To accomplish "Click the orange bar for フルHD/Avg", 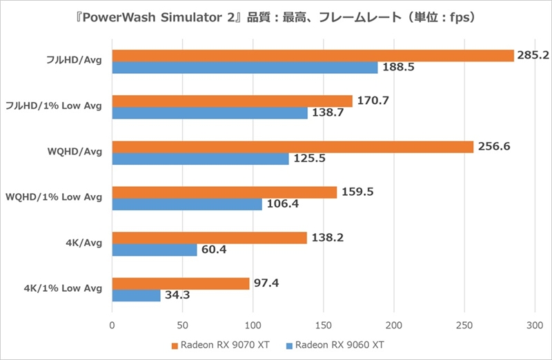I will tap(313, 56).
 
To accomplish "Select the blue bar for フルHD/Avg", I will tap(245, 68).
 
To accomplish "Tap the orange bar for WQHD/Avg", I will tap(293, 147).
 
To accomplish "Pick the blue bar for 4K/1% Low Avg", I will tap(136, 295).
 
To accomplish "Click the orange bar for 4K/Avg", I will tap(209, 238).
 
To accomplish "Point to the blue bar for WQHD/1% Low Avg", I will tap(187, 204).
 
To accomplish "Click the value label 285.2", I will tap(533, 55).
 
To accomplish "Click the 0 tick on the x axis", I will tap(112, 324).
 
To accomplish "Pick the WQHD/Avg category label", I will tap(72, 152).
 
